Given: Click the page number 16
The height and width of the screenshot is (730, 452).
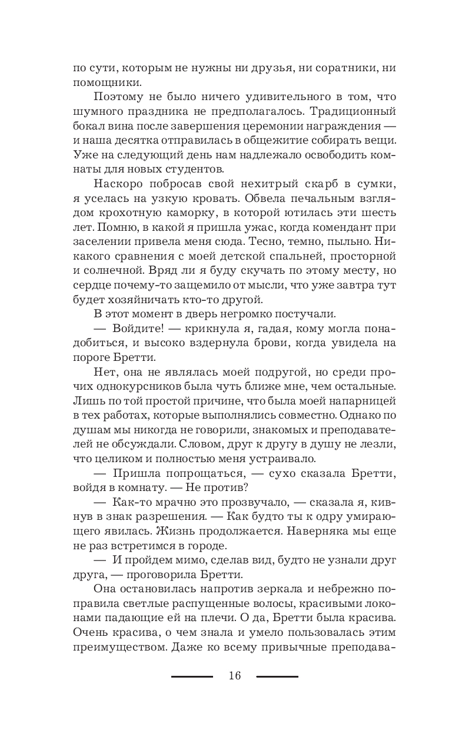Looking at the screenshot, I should [235, 676].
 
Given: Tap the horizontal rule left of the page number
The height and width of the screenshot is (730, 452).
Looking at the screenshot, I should [192, 676].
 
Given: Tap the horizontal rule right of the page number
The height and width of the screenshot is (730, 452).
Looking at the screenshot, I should [277, 676].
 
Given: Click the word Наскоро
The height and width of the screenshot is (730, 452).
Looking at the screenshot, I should [115, 204].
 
